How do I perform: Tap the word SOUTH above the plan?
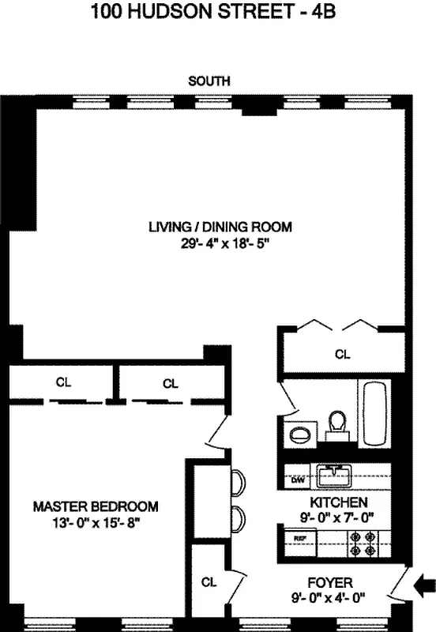coord(209,81)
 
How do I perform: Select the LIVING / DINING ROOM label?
coord(220,227)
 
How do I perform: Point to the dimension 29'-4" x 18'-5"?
coord(220,244)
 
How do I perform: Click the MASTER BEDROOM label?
coord(96,506)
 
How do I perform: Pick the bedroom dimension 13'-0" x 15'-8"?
coord(96,522)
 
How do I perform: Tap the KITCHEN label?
coord(337,502)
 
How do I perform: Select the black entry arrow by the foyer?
coord(424,585)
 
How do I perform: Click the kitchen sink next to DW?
coord(333,476)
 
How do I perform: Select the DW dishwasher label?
coord(298,480)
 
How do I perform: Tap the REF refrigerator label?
coord(299,538)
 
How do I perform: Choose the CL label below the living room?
coord(342,355)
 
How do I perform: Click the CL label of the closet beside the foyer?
coord(209,582)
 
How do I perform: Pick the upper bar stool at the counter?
coord(237,481)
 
